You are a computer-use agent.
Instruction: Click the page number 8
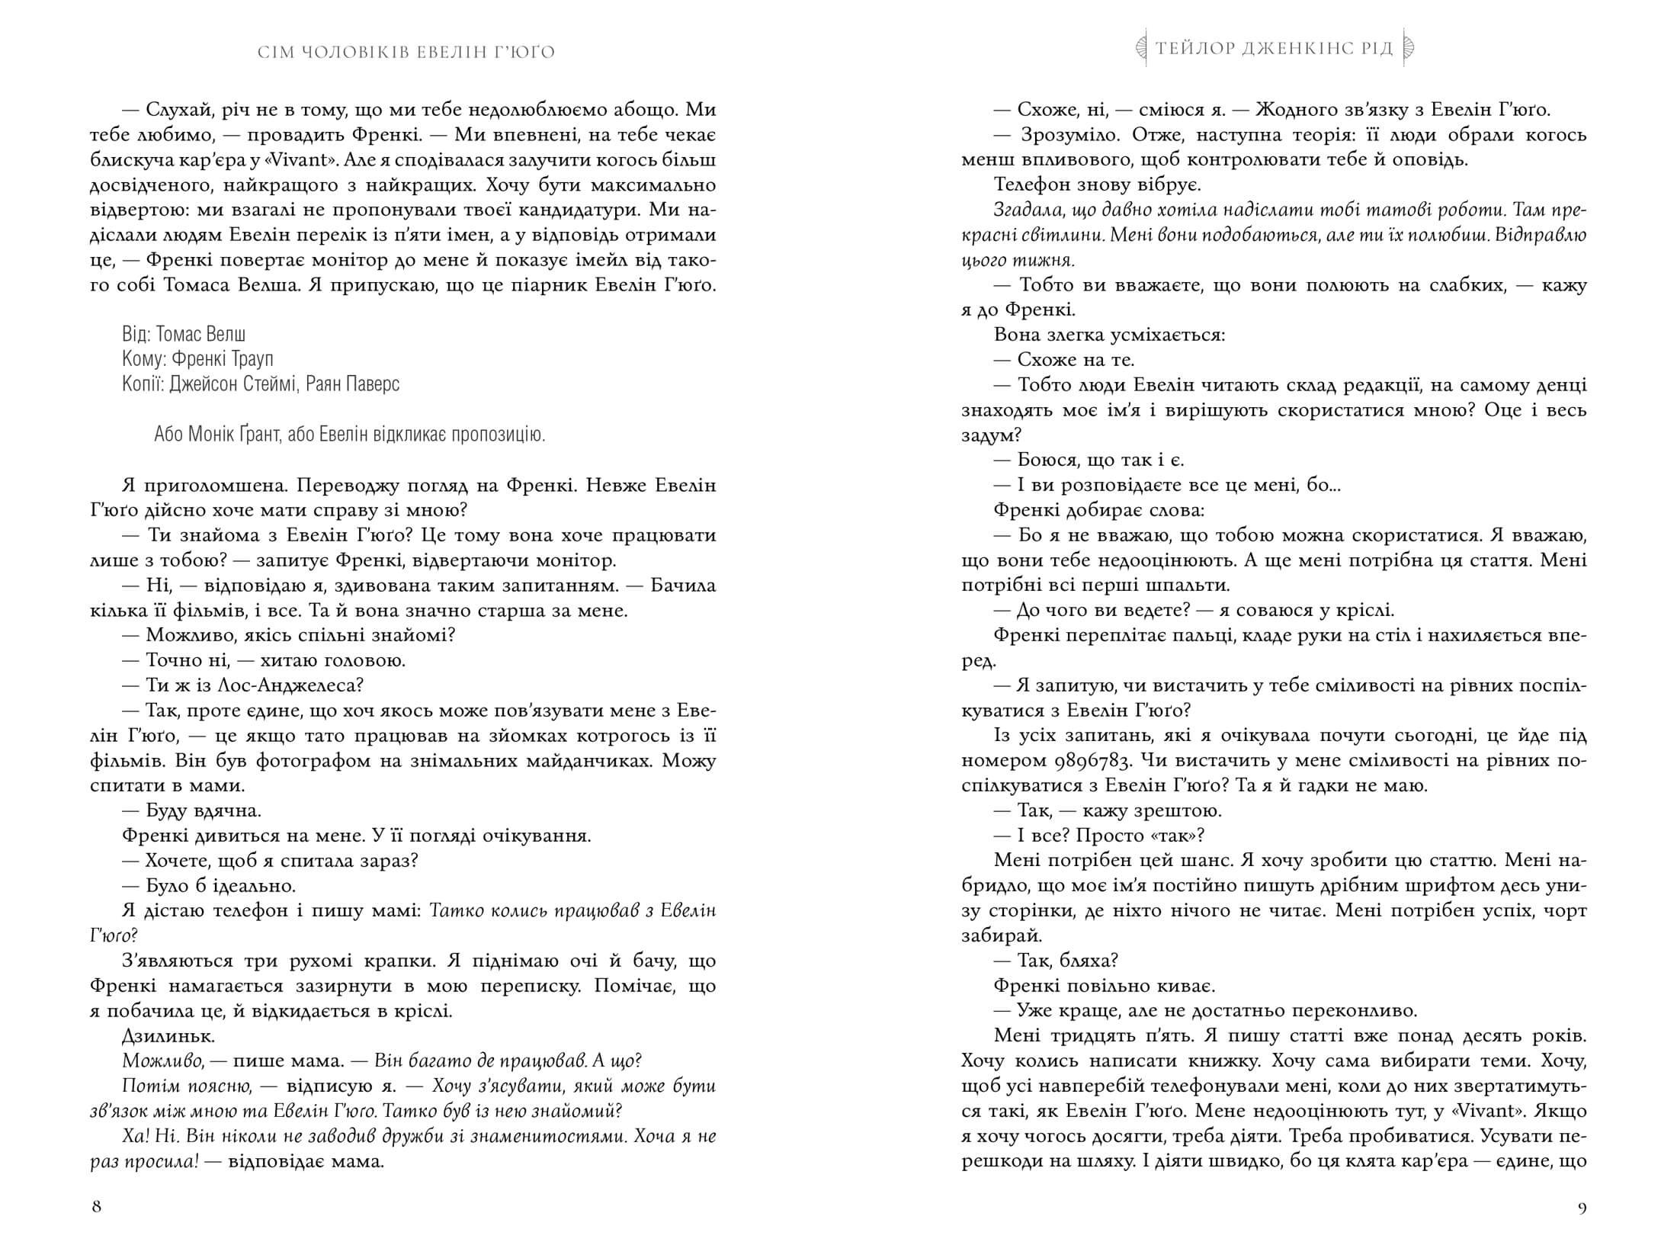(96, 1206)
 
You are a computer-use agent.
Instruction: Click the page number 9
(1581, 1206)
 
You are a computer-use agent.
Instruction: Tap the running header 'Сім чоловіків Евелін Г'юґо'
(406, 52)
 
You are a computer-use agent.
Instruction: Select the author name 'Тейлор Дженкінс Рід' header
(1274, 49)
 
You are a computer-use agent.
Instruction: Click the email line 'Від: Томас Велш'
(184, 334)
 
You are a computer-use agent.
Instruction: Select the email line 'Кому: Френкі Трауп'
(197, 358)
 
